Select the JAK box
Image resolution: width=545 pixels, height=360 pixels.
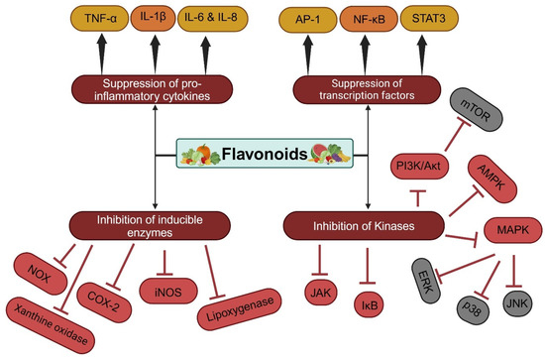323,295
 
